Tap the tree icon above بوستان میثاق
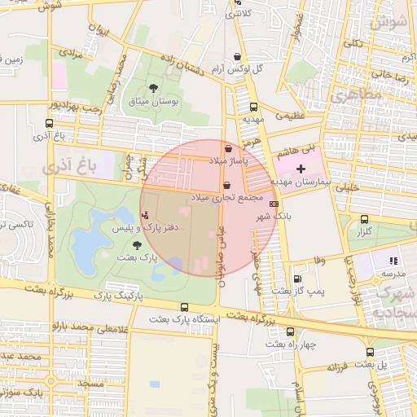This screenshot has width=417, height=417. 154,88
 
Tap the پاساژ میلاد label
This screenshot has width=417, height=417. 230,162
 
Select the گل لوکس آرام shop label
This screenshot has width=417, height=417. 236,70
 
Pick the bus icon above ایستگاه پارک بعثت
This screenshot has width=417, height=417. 185,308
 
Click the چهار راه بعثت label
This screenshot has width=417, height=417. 290,345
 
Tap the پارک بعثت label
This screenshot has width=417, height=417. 136,257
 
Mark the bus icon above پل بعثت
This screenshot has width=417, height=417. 371,352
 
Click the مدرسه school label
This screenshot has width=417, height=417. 393,274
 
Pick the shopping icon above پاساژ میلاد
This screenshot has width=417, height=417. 229,149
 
